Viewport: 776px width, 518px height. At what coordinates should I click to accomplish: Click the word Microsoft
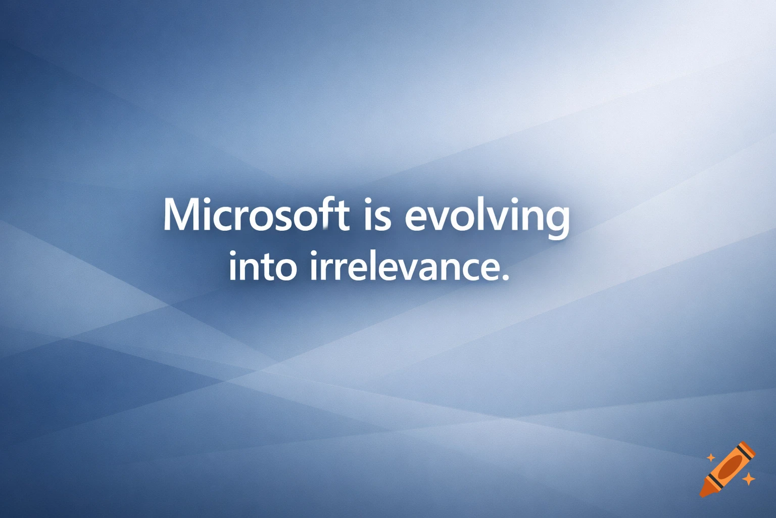(256, 215)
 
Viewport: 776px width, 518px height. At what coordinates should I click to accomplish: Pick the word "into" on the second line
(262, 267)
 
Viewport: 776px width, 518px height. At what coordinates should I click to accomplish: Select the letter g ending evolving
(558, 221)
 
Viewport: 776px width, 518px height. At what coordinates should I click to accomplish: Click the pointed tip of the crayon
(702, 494)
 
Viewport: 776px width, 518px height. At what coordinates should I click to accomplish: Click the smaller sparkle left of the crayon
(711, 458)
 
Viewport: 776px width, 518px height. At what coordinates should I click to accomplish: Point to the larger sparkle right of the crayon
(748, 478)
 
